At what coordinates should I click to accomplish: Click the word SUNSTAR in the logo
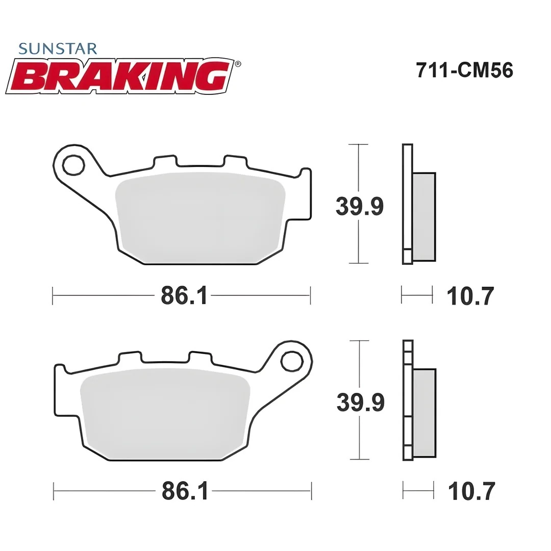tap(57, 49)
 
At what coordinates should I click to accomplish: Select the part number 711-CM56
tap(464, 70)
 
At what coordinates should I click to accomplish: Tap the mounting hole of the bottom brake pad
tap(292, 361)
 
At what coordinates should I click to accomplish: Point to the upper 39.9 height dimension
tap(359, 207)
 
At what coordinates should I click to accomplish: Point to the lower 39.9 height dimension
tap(360, 403)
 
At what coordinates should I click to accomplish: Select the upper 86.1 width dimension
tap(184, 295)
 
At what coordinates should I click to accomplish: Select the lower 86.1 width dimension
tap(185, 491)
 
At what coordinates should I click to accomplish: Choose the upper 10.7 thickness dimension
tap(470, 296)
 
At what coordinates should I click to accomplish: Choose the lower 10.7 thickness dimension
tap(471, 492)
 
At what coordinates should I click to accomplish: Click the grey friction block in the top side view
tap(424, 217)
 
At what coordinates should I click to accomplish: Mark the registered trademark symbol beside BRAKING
tap(238, 64)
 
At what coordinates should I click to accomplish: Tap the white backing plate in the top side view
tap(407, 204)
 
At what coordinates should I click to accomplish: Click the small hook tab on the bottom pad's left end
tap(60, 367)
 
